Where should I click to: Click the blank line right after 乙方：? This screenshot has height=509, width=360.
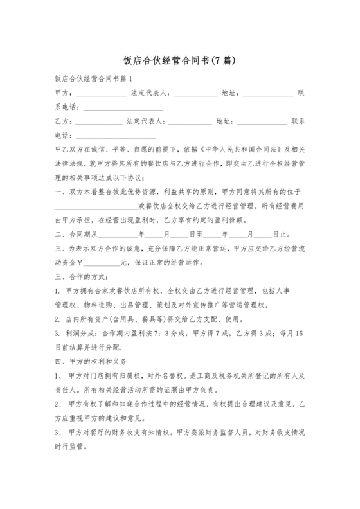pos(98,121)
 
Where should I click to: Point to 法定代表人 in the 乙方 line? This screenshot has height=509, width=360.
pos(148,121)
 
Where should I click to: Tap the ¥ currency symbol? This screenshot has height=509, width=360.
pos(80,263)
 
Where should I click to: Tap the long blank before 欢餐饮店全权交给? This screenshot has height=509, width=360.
pos(95,207)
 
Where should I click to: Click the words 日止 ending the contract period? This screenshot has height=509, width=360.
pos(281,235)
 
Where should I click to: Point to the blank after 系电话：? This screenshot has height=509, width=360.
pos(124,108)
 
